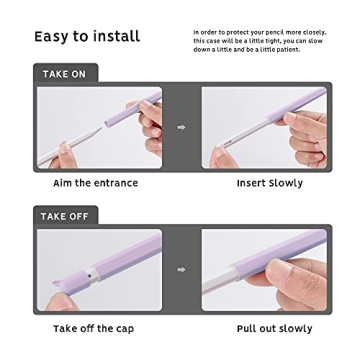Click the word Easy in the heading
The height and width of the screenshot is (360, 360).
[x=52, y=37]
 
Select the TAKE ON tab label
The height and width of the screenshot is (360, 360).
[x=63, y=74]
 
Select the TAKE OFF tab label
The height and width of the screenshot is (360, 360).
[x=65, y=216]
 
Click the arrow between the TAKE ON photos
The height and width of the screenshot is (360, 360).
[x=181, y=128]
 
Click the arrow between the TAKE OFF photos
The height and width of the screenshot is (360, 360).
[x=181, y=269]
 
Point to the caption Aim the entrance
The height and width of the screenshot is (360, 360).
[x=95, y=184]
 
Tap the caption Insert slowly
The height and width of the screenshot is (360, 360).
[x=270, y=184]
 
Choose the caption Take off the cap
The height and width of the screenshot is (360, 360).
[x=93, y=328]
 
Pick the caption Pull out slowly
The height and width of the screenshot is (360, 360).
[x=274, y=328]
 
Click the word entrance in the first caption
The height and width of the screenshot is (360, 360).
[x=114, y=184]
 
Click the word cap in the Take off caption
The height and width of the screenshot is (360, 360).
[x=125, y=328]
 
